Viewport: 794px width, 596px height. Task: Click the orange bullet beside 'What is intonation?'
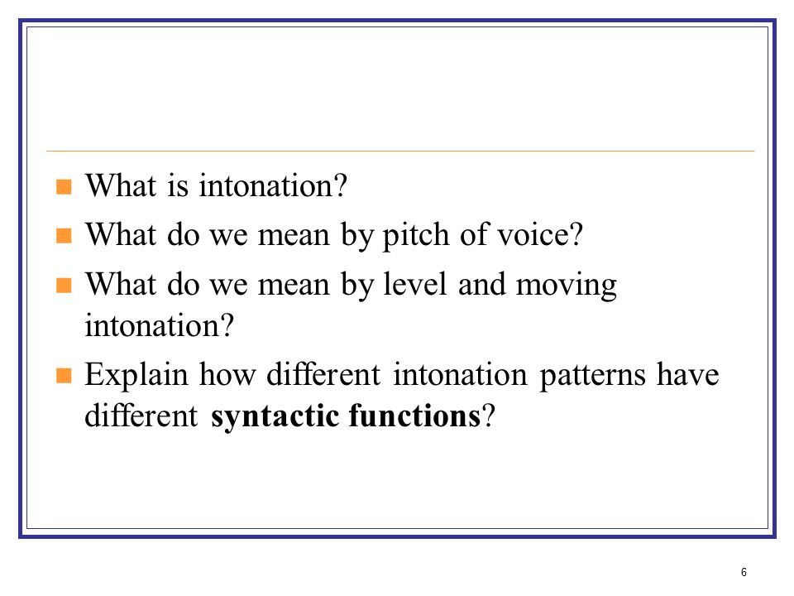tap(64, 186)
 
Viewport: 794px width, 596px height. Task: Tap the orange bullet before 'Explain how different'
tap(64, 376)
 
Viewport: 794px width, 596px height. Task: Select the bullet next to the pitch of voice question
tap(64, 236)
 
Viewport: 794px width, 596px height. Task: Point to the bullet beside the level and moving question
tap(64, 285)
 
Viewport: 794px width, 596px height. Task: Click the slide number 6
tap(744, 572)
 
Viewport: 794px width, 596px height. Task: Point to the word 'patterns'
tap(592, 376)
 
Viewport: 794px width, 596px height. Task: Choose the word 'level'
tap(415, 284)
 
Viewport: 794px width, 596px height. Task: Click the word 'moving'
tap(566, 286)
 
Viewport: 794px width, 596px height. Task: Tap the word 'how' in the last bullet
tap(227, 374)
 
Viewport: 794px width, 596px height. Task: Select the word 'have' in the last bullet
tap(687, 374)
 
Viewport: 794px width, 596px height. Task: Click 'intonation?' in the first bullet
tap(273, 185)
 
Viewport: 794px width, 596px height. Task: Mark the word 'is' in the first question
tap(178, 185)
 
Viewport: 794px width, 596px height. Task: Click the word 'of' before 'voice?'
tap(474, 234)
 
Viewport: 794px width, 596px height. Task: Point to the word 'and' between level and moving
tap(481, 284)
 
